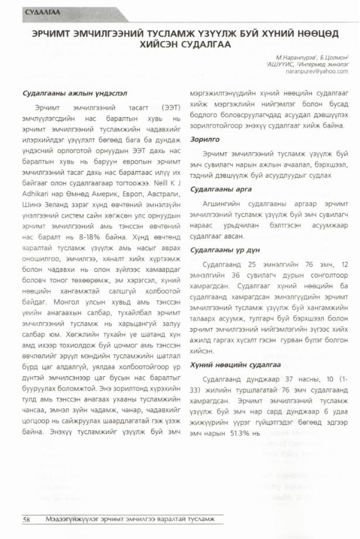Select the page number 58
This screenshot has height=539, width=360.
pyautogui.click(x=26, y=520)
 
